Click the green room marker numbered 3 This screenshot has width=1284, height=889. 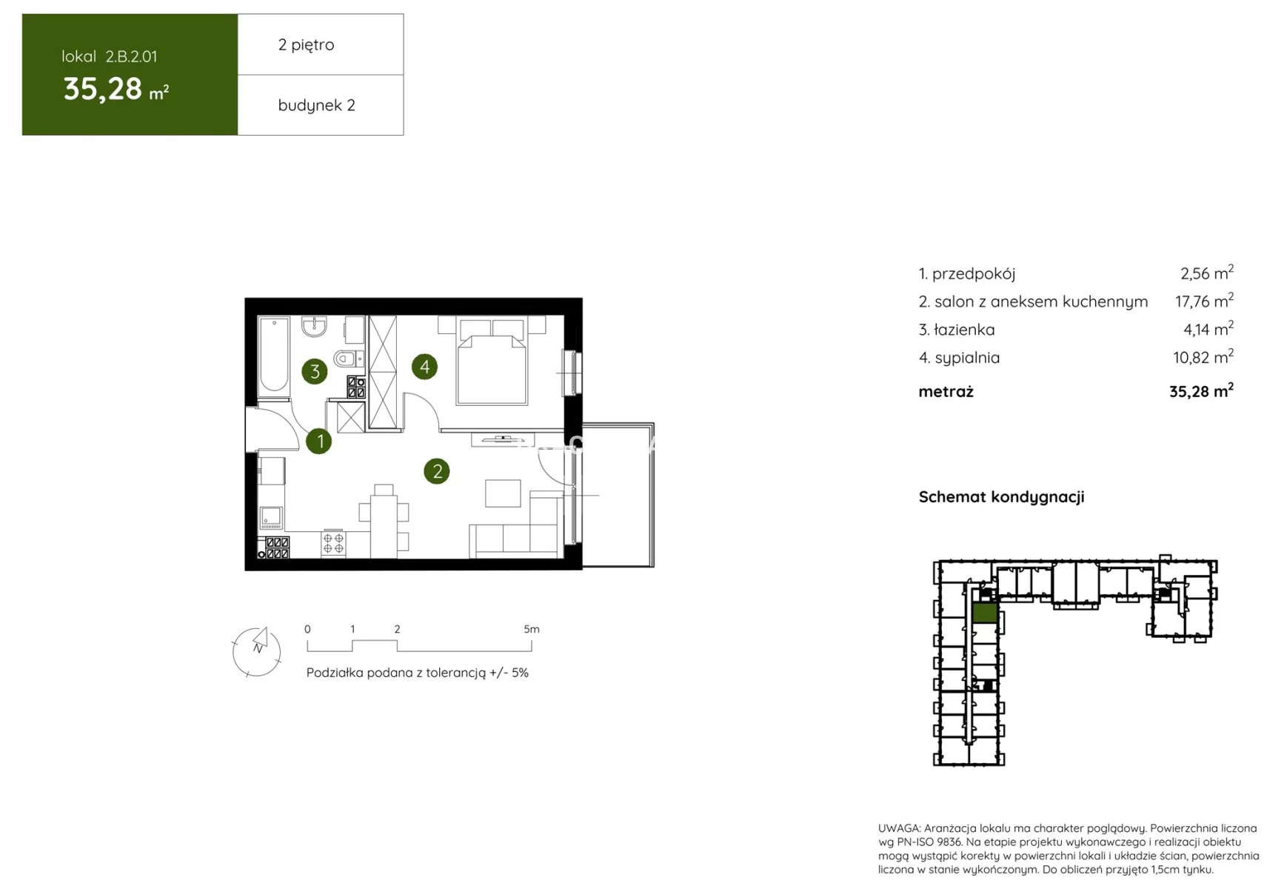tap(315, 371)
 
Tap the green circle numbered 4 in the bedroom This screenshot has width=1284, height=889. tap(424, 366)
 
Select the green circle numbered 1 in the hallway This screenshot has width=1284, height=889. tap(319, 441)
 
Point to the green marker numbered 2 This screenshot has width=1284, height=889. tap(437, 471)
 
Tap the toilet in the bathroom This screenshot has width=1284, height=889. tap(347, 359)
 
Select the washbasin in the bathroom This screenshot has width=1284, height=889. tap(315, 326)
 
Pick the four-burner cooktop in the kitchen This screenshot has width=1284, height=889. tap(333, 544)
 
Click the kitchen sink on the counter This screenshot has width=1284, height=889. tap(270, 516)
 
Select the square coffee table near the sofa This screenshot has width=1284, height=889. tap(503, 493)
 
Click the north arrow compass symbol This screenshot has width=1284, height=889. tap(257, 652)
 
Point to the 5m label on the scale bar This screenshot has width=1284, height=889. tap(532, 629)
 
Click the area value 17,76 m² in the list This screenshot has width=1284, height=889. tap(1204, 301)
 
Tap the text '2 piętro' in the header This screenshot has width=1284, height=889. tap(306, 44)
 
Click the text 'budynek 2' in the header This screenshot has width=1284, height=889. tap(316, 105)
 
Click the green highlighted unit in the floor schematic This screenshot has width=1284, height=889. tap(984, 613)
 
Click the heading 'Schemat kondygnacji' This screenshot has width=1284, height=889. tap(1001, 497)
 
